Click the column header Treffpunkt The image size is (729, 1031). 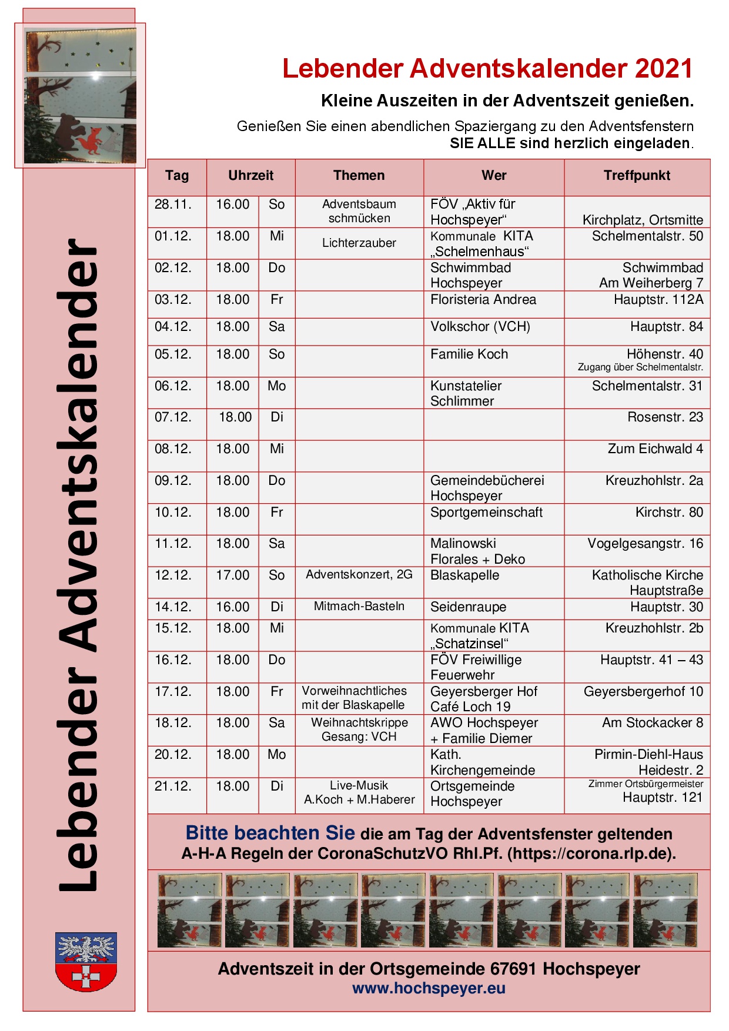637,175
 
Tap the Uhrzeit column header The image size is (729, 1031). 250,175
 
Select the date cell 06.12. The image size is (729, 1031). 173,386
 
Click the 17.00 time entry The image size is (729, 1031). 233,575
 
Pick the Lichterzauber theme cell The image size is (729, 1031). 359,243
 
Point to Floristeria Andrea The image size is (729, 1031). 483,300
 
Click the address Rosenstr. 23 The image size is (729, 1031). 665,417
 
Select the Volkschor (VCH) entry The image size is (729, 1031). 480,327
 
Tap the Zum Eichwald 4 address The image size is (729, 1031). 655,449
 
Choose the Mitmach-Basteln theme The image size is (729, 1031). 359,607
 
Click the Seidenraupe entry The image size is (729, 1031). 468,607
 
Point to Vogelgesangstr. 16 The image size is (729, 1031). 645,544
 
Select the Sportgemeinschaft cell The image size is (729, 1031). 486,513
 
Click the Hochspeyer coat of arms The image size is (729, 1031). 86,961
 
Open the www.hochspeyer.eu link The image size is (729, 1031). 429,989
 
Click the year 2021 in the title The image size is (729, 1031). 663,69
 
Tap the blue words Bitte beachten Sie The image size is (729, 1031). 270,833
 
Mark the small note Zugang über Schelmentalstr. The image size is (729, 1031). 640,367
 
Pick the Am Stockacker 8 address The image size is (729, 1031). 652,723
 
